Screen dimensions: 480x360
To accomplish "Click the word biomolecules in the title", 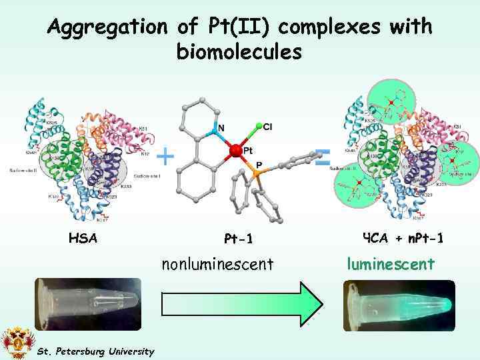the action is pos(239,51).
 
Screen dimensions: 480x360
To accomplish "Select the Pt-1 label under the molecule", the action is pos(239,238).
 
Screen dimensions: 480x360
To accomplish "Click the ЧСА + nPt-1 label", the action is pos(403,237).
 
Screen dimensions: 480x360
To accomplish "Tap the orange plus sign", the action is pos(165,157).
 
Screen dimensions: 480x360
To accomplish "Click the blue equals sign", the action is pos(323,158).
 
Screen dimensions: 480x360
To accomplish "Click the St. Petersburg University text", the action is pos(95,351).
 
